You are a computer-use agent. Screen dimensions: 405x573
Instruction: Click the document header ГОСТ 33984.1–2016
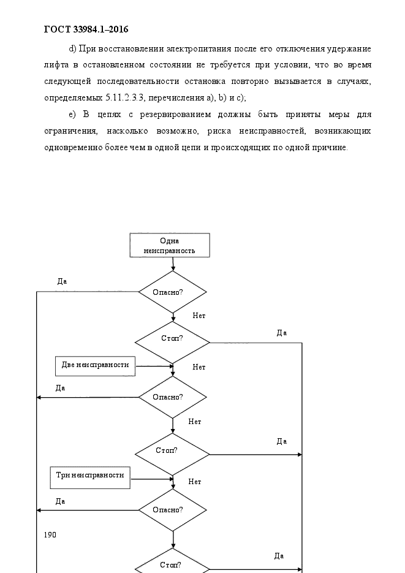pos(86,29)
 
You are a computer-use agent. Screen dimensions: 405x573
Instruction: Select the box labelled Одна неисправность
pos(170,245)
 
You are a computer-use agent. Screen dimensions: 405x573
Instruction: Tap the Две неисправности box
pos(96,366)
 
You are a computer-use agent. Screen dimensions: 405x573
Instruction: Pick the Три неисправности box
pos(90,477)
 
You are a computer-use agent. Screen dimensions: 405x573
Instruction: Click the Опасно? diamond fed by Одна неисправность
pos(173,292)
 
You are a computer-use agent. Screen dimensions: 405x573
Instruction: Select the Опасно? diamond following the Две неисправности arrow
pos(173,397)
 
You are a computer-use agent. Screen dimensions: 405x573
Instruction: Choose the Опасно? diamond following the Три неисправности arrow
pos(173,510)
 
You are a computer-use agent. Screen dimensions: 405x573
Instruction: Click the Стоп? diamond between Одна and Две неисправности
pos(172,343)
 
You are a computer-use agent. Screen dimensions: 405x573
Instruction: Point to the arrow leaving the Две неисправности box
pos(154,366)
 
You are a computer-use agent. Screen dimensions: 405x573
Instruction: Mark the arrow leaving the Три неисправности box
pos(152,479)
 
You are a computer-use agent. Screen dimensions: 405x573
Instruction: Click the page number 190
pos(50,535)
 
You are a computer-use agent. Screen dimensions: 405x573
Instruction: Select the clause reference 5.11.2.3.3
pos(124,97)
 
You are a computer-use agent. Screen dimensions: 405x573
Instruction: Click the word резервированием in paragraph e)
pos(176,115)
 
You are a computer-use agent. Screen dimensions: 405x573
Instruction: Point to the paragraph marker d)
pos(72,48)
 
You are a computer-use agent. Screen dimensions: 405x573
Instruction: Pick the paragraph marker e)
pos(72,115)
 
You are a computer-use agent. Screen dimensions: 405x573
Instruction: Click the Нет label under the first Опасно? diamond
pos(199,316)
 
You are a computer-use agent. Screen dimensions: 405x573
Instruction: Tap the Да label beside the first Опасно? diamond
pos(62,281)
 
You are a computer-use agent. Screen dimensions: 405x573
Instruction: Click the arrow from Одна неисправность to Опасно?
pos(173,264)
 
